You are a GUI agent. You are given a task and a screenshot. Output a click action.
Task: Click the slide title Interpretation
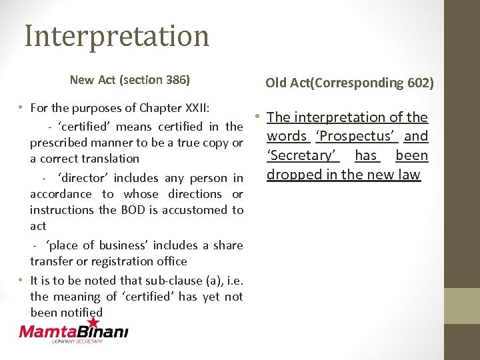[117, 35]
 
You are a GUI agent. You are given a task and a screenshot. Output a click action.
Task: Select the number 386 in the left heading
[177, 80]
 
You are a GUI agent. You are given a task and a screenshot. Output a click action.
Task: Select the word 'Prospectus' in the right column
[357, 137]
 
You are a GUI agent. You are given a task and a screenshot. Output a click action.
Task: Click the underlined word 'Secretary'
[303, 155]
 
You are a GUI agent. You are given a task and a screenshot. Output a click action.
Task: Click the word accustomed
[193, 210]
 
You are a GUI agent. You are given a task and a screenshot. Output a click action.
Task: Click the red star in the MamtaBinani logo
[93, 323]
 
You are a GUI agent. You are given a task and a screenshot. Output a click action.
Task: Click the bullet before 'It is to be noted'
[22, 280]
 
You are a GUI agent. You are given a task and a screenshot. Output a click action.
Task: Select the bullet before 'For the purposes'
[22, 107]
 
